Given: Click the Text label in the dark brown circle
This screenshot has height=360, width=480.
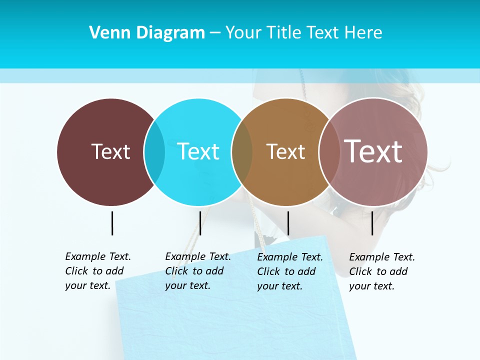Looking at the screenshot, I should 110,151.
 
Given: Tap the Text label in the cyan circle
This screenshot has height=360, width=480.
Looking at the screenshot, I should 198,151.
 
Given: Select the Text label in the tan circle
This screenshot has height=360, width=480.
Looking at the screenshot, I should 285,152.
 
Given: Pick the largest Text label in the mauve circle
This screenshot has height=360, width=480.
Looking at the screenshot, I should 373,151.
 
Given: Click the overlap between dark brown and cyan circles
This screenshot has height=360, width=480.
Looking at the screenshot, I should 154,152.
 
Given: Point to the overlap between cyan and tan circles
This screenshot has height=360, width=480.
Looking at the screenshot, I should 242,152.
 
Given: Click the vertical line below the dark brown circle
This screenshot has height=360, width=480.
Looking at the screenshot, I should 112,223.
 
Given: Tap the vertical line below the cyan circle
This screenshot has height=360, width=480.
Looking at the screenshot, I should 200,223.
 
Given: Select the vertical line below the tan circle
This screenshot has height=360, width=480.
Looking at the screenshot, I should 288,223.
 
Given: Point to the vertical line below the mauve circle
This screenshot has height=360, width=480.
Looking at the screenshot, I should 372,223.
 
